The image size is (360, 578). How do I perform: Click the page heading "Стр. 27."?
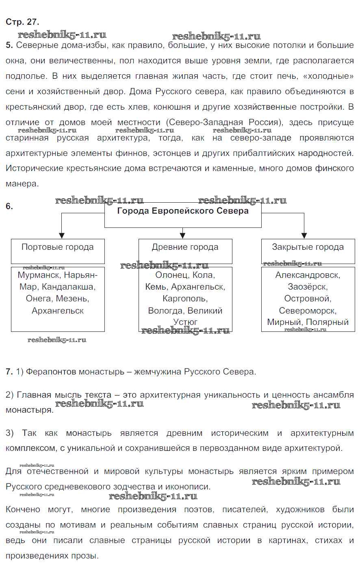(22, 22)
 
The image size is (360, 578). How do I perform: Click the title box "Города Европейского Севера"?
(183, 211)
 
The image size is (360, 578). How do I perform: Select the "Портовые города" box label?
(57, 247)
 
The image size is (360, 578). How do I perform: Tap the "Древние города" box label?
(185, 247)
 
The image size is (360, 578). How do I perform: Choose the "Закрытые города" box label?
(308, 247)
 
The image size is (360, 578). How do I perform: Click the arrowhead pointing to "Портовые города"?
(62, 235)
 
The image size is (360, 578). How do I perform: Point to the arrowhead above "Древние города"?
(183, 235)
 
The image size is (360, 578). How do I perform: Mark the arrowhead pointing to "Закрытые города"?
(304, 235)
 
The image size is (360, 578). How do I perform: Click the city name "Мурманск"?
(39, 275)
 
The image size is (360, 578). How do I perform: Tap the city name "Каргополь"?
(185, 299)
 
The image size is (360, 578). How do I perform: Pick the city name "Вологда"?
(165, 311)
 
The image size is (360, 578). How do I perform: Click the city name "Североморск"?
(308, 311)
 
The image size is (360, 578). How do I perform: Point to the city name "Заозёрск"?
(308, 287)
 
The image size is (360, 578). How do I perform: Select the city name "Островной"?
(308, 299)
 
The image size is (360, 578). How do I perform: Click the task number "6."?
(9, 206)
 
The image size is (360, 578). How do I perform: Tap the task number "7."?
(9, 372)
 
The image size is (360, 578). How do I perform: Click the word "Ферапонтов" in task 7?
(51, 372)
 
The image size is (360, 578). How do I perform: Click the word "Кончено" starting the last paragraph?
(23, 509)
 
